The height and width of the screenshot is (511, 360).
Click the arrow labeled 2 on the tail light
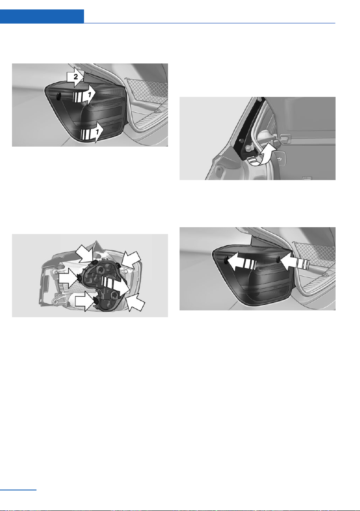(75, 77)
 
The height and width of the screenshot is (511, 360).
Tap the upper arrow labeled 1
(84, 96)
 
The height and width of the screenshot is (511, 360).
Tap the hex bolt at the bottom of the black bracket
(249, 148)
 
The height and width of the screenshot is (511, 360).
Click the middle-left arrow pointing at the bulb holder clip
(69, 278)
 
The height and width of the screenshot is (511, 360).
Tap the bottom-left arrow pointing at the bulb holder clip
(85, 301)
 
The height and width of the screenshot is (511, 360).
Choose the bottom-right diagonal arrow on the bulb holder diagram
(135, 302)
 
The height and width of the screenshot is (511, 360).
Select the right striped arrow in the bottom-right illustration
(294, 262)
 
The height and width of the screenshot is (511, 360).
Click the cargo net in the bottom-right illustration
(314, 256)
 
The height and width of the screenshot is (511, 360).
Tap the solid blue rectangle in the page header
(42, 16)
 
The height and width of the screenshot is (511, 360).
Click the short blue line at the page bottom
(18, 490)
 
